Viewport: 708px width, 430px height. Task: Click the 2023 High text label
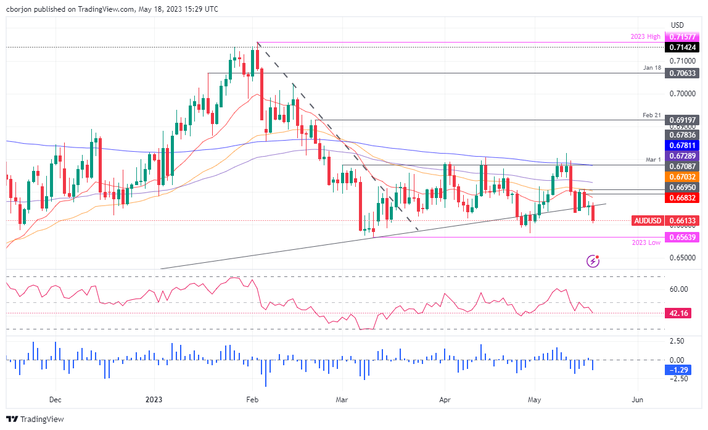pos(646,37)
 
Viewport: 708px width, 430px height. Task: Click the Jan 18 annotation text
pos(652,67)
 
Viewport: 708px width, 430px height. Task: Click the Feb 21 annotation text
pos(652,114)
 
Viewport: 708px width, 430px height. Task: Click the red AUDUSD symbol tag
pos(649,221)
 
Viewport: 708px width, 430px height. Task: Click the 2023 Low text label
pos(646,243)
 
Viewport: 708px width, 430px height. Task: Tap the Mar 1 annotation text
pos(654,159)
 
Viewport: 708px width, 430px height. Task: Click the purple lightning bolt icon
pos(593,261)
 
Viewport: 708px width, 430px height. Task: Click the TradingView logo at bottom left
pos(36,420)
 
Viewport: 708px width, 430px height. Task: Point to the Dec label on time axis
pos(56,400)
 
